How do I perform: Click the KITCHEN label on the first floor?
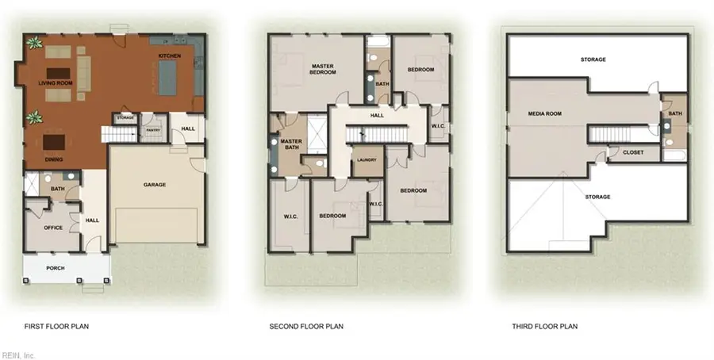click(x=171, y=56)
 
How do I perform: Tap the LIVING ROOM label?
click(x=56, y=82)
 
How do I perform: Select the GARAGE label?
click(x=154, y=185)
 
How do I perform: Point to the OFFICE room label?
click(x=53, y=228)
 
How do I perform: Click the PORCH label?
click(x=55, y=268)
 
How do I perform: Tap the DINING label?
click(x=55, y=159)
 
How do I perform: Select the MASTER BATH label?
click(x=290, y=144)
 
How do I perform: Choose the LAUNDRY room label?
click(x=367, y=159)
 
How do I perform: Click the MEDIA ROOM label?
click(x=545, y=113)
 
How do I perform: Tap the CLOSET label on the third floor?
click(x=632, y=152)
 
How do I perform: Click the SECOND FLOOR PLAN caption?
click(x=306, y=326)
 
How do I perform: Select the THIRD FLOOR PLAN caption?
click(x=544, y=326)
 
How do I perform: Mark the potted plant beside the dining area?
click(x=33, y=119)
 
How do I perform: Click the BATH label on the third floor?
click(x=674, y=113)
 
